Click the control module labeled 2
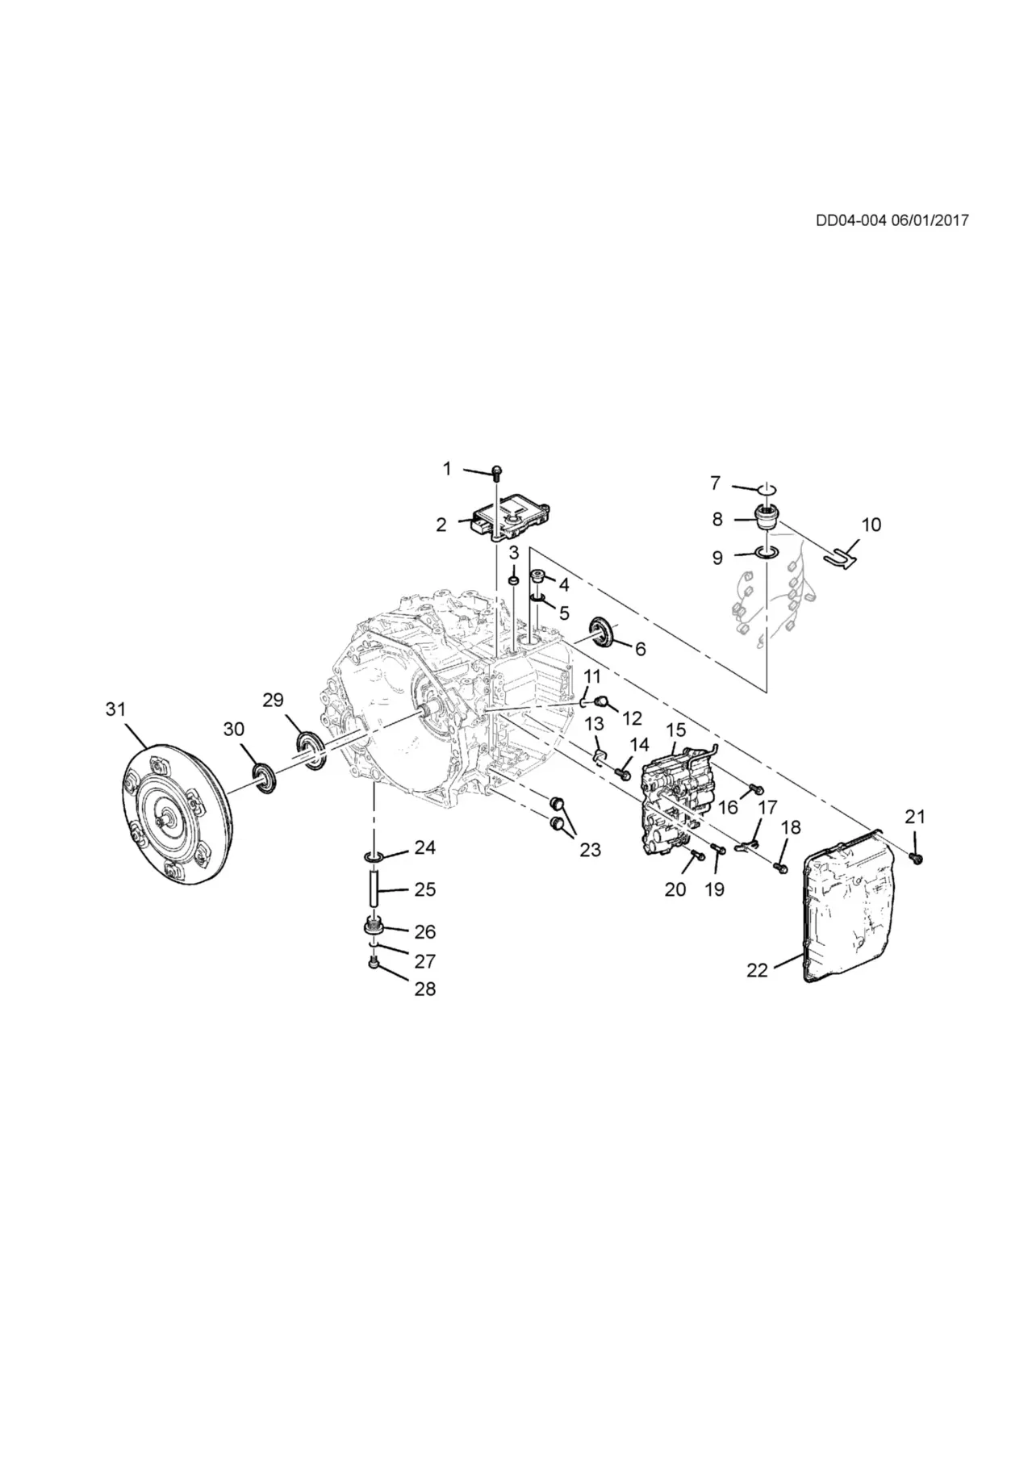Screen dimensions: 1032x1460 [510, 517]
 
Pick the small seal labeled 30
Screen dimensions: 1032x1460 [265, 778]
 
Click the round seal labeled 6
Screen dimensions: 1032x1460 [602, 629]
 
